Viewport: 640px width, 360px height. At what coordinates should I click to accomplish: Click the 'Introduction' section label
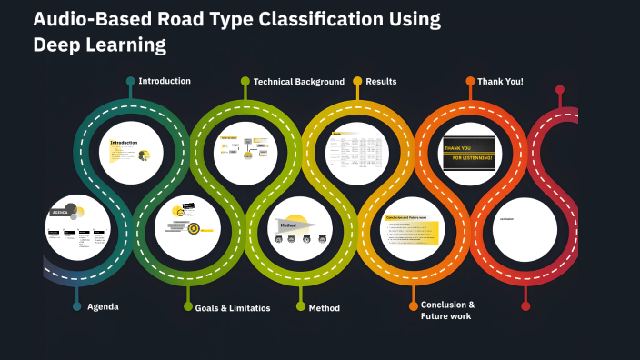click(x=165, y=81)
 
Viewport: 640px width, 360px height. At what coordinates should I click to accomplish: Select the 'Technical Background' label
click(x=298, y=82)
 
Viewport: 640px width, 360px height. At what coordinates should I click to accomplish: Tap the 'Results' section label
click(x=381, y=82)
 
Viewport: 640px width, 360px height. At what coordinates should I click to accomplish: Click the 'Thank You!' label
click(x=500, y=82)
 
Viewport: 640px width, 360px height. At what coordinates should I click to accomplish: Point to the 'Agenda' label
click(x=103, y=306)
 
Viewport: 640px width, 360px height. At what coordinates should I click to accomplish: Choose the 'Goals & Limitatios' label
click(x=233, y=308)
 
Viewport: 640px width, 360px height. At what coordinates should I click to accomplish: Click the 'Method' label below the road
click(x=325, y=308)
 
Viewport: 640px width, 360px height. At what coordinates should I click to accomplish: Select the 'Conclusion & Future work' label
click(x=447, y=310)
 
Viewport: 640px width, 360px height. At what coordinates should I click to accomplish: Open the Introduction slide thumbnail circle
click(x=132, y=153)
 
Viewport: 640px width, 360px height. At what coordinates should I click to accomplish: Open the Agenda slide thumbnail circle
click(x=78, y=227)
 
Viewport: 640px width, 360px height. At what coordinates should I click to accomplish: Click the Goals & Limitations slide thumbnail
click(x=188, y=228)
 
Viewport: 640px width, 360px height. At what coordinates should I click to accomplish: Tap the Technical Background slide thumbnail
click(x=245, y=153)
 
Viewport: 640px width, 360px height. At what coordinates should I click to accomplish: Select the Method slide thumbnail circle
click(x=300, y=228)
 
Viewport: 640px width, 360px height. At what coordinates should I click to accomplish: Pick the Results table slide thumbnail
click(x=356, y=153)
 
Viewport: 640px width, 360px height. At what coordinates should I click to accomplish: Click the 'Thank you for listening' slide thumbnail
click(x=470, y=153)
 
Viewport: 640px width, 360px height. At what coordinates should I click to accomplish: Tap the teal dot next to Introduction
click(x=131, y=81)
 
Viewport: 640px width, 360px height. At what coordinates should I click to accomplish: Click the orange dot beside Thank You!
click(x=470, y=81)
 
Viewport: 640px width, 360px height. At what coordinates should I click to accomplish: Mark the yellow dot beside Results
click(x=357, y=81)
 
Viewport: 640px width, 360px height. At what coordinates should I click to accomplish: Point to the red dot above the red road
click(x=560, y=90)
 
